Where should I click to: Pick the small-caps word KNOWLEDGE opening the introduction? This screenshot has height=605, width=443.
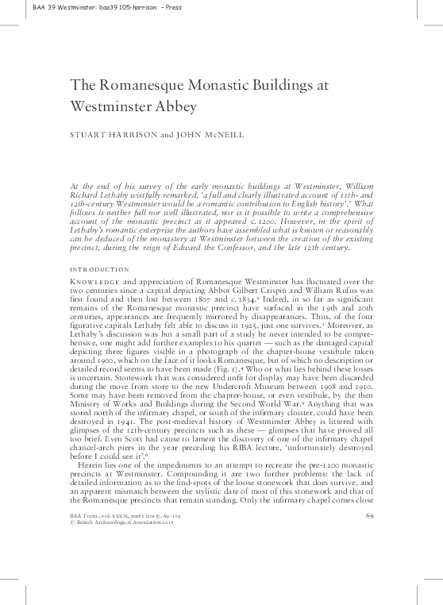coord(94,283)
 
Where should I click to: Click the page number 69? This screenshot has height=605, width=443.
coord(368,516)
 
